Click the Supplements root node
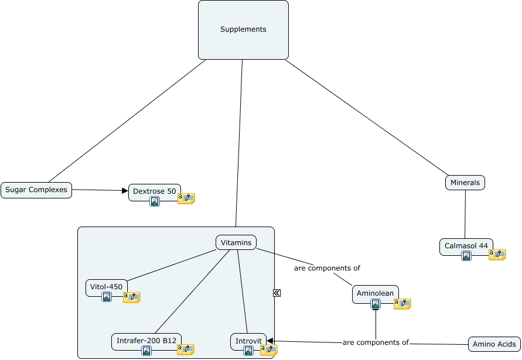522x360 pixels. (x=243, y=30)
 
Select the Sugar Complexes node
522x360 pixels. (x=36, y=190)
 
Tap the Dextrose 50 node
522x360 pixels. (x=155, y=191)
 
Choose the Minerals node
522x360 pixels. (x=465, y=183)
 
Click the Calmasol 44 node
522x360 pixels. (x=466, y=246)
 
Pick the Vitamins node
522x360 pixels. (x=237, y=242)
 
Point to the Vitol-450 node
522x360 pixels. (x=107, y=287)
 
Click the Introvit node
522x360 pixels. (x=248, y=341)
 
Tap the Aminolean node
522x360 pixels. (x=376, y=293)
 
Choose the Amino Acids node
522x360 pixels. (x=494, y=344)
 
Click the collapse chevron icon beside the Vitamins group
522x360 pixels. (x=277, y=293)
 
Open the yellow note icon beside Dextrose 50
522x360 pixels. (x=186, y=198)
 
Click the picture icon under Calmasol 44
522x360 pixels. (x=466, y=256)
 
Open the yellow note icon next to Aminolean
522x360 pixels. (x=402, y=304)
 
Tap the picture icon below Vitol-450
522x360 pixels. (x=107, y=297)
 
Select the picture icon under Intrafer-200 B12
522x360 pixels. (x=146, y=351)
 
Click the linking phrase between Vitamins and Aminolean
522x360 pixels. (x=327, y=268)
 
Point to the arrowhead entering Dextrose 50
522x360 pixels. (x=125, y=190)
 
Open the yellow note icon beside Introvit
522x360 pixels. (x=269, y=350)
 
